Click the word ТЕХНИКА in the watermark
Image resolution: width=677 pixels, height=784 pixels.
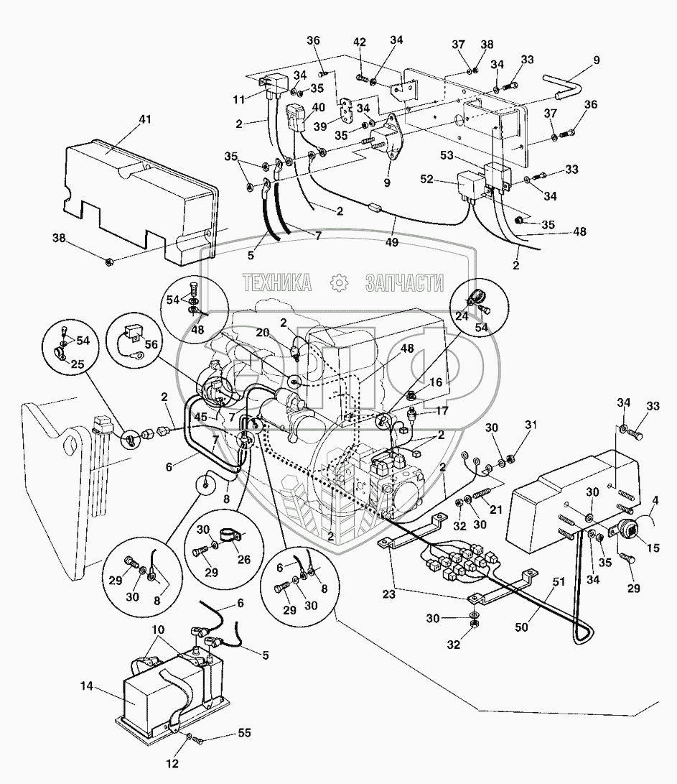coord(277,283)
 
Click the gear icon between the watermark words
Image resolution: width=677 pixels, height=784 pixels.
coord(337,283)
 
